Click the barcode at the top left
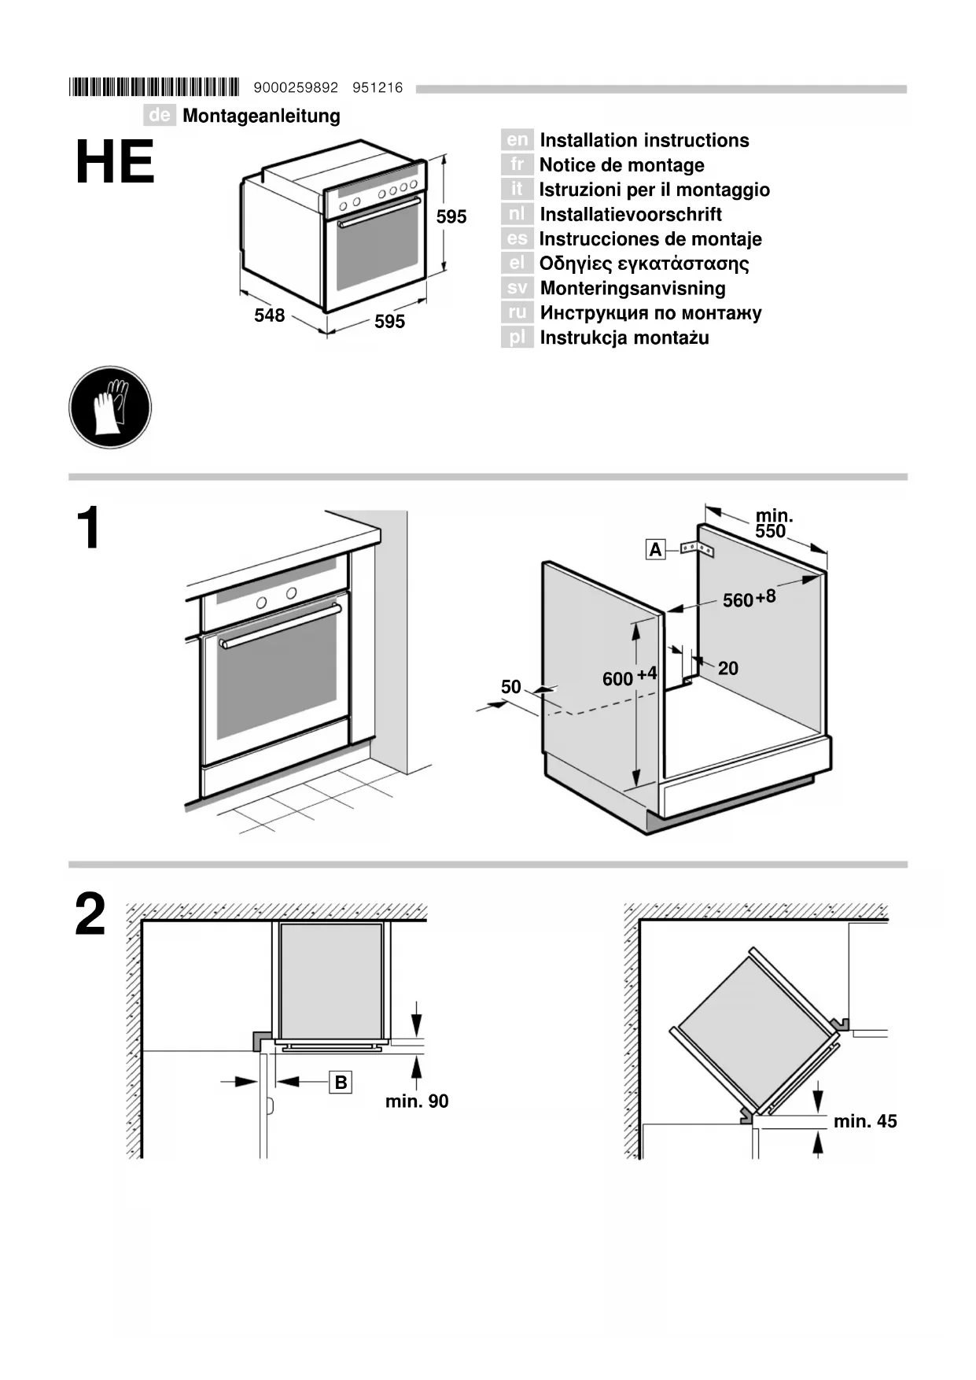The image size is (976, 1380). [154, 87]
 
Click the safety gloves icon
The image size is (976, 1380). [110, 408]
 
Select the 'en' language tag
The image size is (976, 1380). [517, 140]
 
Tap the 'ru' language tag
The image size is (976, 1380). [517, 312]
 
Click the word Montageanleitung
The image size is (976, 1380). [261, 116]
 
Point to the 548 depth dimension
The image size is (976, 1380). [269, 315]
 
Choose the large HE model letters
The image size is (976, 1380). [115, 163]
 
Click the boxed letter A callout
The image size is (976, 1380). [655, 549]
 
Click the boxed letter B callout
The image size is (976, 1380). [341, 1083]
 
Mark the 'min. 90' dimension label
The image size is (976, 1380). [417, 1101]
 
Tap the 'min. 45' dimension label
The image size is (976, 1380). [865, 1121]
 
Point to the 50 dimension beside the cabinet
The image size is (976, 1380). [511, 687]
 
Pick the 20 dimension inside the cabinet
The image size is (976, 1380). [728, 668]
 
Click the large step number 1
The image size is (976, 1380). [90, 528]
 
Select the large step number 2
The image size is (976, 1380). [90, 914]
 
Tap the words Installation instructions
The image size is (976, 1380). [644, 140]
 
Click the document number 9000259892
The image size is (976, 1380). [296, 87]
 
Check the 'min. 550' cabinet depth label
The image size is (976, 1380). [773, 524]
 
